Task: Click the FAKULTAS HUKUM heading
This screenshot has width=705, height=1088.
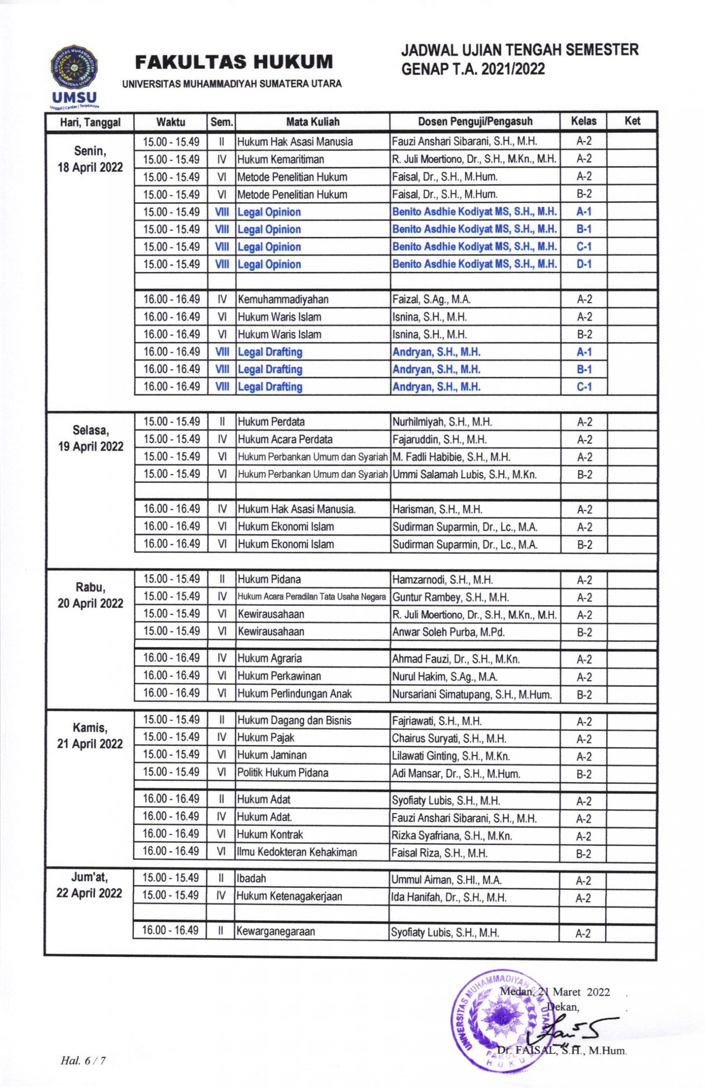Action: tap(234, 62)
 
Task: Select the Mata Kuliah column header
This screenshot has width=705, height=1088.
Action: tap(313, 122)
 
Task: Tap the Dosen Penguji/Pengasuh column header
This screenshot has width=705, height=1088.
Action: tap(475, 122)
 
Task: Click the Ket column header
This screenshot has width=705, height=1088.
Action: tap(632, 121)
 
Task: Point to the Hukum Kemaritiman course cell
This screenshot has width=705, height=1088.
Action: tap(281, 159)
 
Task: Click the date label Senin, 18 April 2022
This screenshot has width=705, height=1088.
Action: tap(90, 159)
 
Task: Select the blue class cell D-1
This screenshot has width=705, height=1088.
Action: tap(584, 264)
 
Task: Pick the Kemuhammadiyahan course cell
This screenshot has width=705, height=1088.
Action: tap(283, 300)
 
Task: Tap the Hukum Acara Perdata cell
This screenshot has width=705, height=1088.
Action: tap(285, 440)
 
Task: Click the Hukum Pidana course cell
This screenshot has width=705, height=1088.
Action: tap(269, 580)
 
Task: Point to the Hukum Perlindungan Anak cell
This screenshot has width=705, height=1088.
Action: tap(294, 694)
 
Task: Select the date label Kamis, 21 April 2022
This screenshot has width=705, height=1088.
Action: tap(90, 736)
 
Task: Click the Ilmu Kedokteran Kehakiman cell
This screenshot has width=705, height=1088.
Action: tap(296, 852)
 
